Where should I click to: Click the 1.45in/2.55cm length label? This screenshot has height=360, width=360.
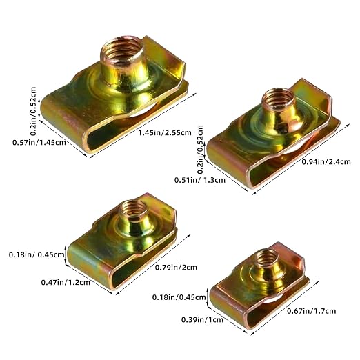[165, 132]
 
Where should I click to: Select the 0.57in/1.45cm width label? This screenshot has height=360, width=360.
[39, 142]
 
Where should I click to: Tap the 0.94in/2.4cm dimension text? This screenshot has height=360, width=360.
[326, 162]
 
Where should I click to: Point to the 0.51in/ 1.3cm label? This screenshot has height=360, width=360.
[200, 180]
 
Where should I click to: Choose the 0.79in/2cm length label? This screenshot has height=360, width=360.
[176, 268]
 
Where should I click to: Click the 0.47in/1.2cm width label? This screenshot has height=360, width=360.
[66, 282]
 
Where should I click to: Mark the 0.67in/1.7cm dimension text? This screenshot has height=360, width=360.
[312, 311]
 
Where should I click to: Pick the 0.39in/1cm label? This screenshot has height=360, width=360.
[202, 320]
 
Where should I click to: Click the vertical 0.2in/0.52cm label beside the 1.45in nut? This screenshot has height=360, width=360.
[33, 111]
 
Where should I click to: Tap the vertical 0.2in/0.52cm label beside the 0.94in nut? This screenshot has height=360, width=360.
[200, 150]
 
